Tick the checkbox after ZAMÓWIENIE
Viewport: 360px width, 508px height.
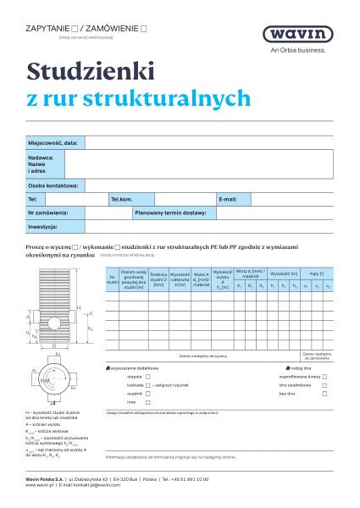pyautogui.click(x=143, y=28)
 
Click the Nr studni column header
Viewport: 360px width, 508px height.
pyautogui.click(x=112, y=279)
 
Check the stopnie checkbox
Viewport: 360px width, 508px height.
pyautogui.click(x=148, y=377)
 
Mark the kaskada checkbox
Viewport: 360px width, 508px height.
pyautogui.click(x=148, y=385)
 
